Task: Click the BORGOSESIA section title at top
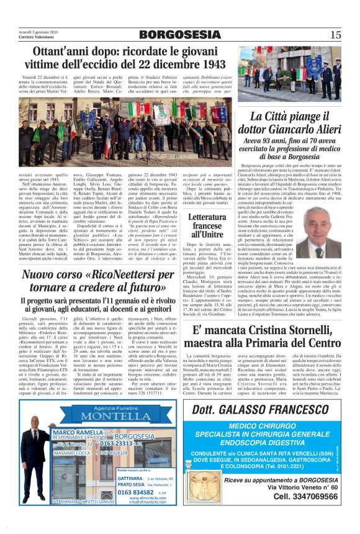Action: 179,35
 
